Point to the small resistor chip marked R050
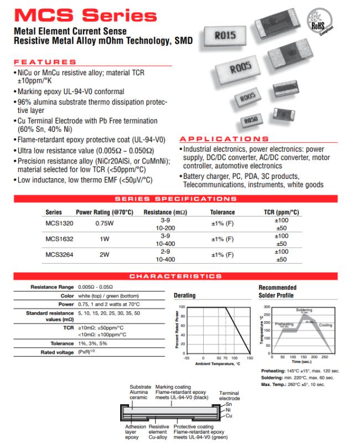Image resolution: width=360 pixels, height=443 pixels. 251,120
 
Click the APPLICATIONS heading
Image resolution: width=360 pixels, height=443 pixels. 224,138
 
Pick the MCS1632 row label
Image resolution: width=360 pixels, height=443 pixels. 55,239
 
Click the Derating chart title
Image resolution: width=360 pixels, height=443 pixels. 184,296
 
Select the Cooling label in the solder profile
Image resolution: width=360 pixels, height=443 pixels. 326,326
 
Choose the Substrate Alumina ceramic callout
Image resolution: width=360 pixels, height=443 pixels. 140,392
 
